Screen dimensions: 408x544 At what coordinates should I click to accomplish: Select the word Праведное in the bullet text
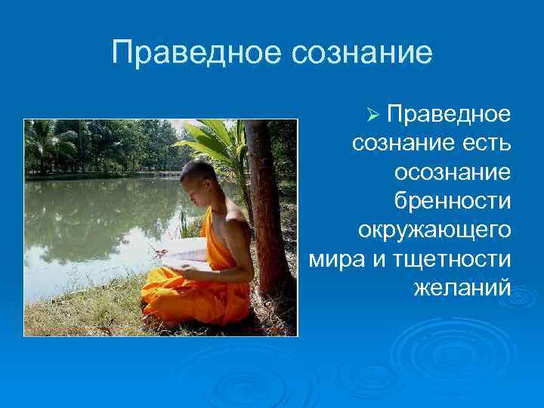click(449, 114)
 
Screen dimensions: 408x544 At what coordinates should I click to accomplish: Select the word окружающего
click(435, 230)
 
